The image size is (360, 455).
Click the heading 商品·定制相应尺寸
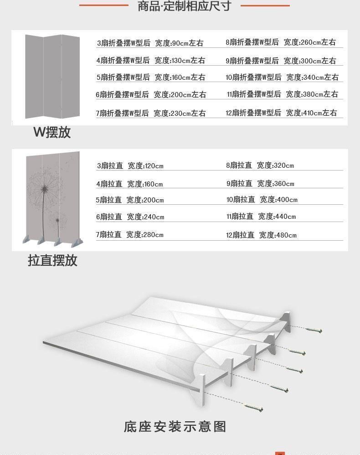184,6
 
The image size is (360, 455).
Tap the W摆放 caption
52,133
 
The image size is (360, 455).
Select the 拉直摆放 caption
52,261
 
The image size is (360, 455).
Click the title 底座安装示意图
175,427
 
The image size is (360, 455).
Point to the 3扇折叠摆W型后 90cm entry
150,43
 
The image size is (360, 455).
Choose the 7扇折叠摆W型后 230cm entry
150,113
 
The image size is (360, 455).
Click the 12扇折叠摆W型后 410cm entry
281,113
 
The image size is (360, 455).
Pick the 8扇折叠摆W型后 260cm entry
281,42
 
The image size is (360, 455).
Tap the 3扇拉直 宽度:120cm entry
130,165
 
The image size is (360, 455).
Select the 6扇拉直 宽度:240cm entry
130,217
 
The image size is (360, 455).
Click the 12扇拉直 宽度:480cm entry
261,235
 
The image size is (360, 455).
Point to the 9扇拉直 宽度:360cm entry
260,184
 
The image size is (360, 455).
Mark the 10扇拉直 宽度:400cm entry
262,200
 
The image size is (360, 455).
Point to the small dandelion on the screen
57,221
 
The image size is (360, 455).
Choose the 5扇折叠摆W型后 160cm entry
150,78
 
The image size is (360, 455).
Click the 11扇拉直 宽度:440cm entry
261,217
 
